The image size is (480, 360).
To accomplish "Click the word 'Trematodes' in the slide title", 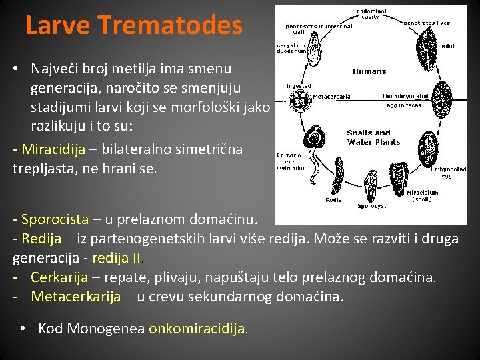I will point(170,25).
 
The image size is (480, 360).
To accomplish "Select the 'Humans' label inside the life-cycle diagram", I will point(369,71).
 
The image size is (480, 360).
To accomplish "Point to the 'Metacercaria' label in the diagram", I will point(331,96).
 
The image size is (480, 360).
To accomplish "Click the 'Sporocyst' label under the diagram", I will point(371,206).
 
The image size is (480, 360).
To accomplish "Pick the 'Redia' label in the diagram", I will point(333,199).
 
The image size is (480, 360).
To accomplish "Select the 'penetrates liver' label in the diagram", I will point(427,23).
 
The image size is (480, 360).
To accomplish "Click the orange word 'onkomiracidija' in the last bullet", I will point(198,328).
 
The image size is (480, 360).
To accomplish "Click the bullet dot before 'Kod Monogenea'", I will point(23,328).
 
